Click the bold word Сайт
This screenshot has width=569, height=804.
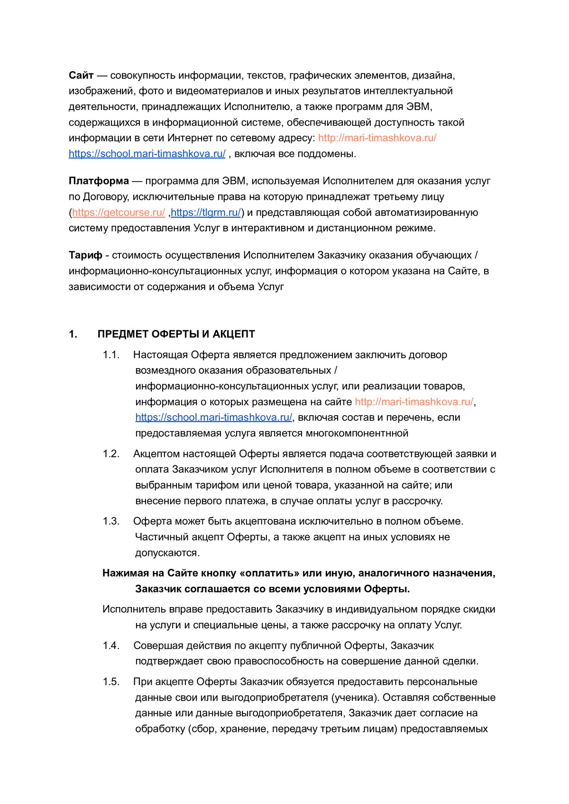[81, 75]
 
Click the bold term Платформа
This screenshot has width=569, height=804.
[99, 181]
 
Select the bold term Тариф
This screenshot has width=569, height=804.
[85, 255]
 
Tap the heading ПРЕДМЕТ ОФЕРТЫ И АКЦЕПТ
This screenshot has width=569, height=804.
[176, 334]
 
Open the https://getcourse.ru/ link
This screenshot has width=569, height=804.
[119, 213]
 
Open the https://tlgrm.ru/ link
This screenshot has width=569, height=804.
[206, 213]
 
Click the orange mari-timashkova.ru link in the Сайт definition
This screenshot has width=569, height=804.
[377, 138]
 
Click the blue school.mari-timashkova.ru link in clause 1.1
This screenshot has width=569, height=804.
[213, 417]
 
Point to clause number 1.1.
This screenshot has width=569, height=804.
[111, 355]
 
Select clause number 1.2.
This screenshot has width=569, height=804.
[111, 454]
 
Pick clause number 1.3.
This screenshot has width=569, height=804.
[111, 521]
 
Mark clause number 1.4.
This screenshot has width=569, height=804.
[111, 646]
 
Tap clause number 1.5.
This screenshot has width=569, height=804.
[111, 682]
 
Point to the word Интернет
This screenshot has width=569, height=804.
[192, 138]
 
